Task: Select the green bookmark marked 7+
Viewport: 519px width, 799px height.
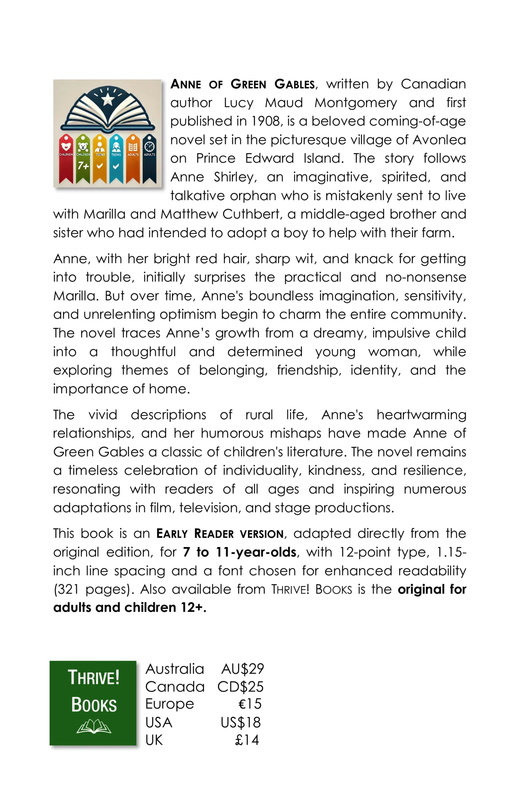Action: pos(83,159)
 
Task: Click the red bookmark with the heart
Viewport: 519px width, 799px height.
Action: pos(66,159)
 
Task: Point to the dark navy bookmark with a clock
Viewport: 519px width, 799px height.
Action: pos(149,159)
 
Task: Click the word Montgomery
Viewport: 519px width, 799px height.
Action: pos(355,103)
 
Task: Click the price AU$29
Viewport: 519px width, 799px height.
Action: pos(242,669)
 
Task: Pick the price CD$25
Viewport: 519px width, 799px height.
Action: pos(240,687)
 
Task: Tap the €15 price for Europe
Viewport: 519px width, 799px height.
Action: pos(249,704)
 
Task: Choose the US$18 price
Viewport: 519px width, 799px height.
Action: pos(241,722)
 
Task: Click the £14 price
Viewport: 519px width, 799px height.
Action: pos(247,740)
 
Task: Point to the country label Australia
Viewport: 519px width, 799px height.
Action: pos(174,669)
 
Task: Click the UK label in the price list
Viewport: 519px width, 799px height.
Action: pos(154,740)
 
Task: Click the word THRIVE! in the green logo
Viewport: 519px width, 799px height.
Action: pos(93,677)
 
